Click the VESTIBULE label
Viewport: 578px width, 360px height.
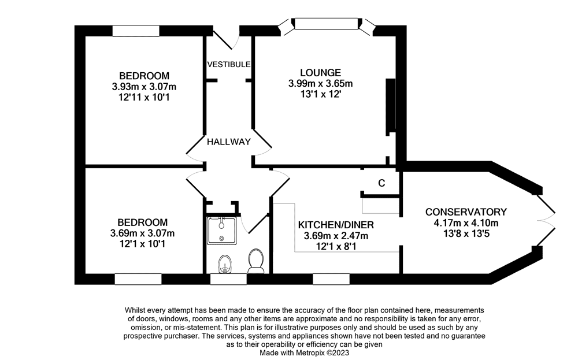229,64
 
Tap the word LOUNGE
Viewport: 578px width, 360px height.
320,73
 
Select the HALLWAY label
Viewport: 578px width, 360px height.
229,142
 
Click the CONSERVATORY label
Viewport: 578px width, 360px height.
466,212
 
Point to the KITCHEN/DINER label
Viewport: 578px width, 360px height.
336,225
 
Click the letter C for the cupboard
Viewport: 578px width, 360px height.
381,183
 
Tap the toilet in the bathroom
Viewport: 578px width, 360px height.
255,261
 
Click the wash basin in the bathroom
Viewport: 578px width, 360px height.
224,265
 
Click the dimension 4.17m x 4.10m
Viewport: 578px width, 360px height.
466,223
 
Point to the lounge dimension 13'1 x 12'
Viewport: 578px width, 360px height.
320,94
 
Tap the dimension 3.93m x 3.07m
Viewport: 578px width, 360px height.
144,87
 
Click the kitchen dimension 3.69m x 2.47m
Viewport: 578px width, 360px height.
336,236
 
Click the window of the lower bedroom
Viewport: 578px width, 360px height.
138,280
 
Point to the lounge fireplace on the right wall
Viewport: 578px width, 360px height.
391,106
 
